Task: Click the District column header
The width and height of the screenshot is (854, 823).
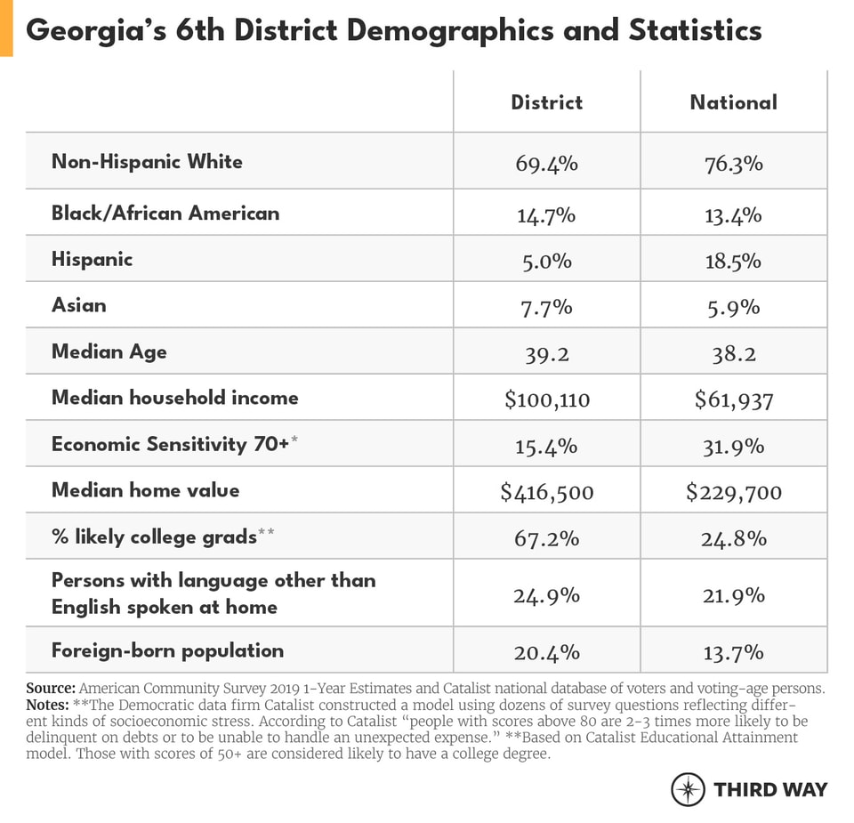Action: [x=546, y=102]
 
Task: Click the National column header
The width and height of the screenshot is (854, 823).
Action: [x=733, y=102]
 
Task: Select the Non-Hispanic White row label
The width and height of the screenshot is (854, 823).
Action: [x=147, y=162]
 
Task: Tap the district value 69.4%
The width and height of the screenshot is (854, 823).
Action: [x=546, y=164]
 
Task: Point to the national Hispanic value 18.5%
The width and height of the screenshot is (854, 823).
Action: [x=733, y=261]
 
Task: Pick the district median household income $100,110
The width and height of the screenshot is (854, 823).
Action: [x=546, y=399]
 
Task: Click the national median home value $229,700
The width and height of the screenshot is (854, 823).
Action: [x=733, y=492]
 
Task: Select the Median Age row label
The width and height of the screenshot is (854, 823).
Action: [x=109, y=351]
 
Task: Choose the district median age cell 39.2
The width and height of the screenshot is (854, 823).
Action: [x=546, y=353]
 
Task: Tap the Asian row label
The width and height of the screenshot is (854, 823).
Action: [x=78, y=305]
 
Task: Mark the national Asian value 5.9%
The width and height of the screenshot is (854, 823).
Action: [x=733, y=307]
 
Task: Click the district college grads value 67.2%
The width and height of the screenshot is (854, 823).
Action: [x=546, y=538]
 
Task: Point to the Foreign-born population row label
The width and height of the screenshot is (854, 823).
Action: [x=167, y=650]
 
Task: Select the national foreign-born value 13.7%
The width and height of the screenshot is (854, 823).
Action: [x=733, y=652]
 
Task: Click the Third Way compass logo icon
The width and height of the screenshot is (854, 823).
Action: [x=688, y=789]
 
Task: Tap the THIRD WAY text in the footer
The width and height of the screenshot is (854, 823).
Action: [x=769, y=789]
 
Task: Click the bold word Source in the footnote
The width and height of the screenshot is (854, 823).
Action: [x=50, y=689]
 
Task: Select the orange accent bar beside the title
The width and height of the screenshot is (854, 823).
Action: [x=6, y=28]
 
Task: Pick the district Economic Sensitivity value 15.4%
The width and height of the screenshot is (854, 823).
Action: [x=546, y=446]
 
